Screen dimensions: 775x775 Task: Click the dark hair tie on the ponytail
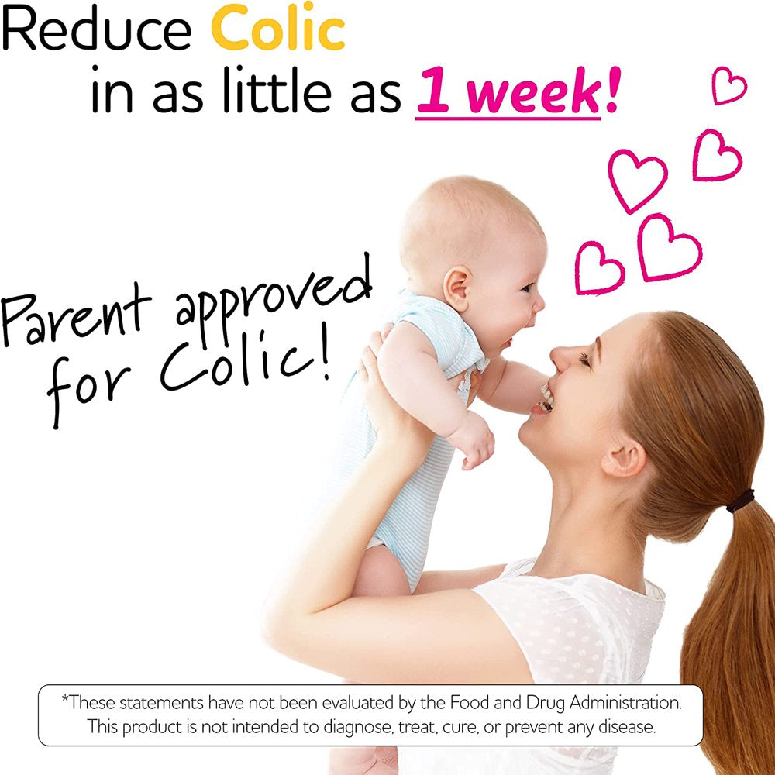tap(740, 500)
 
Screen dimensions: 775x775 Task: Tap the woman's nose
tap(560, 358)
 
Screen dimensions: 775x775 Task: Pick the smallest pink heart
tap(728, 85)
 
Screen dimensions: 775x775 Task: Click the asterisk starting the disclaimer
tap(65, 700)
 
